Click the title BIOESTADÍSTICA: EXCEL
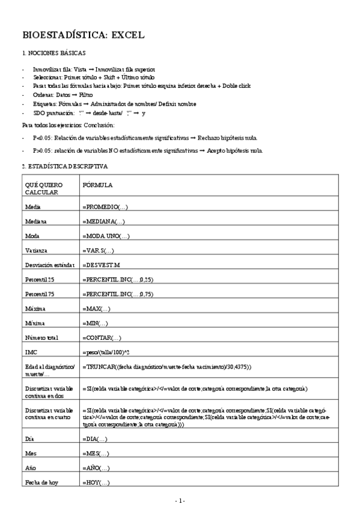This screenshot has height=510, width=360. click(83, 35)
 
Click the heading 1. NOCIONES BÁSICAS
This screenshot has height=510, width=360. click(53, 54)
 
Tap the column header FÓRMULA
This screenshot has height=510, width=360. click(98, 185)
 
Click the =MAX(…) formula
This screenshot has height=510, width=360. click(96, 309)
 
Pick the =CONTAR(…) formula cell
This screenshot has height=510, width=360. click(102, 338)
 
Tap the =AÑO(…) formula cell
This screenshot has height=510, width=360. click(96, 468)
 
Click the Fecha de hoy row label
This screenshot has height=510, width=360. click(41, 483)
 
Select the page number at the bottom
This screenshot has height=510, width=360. click(180, 500)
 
